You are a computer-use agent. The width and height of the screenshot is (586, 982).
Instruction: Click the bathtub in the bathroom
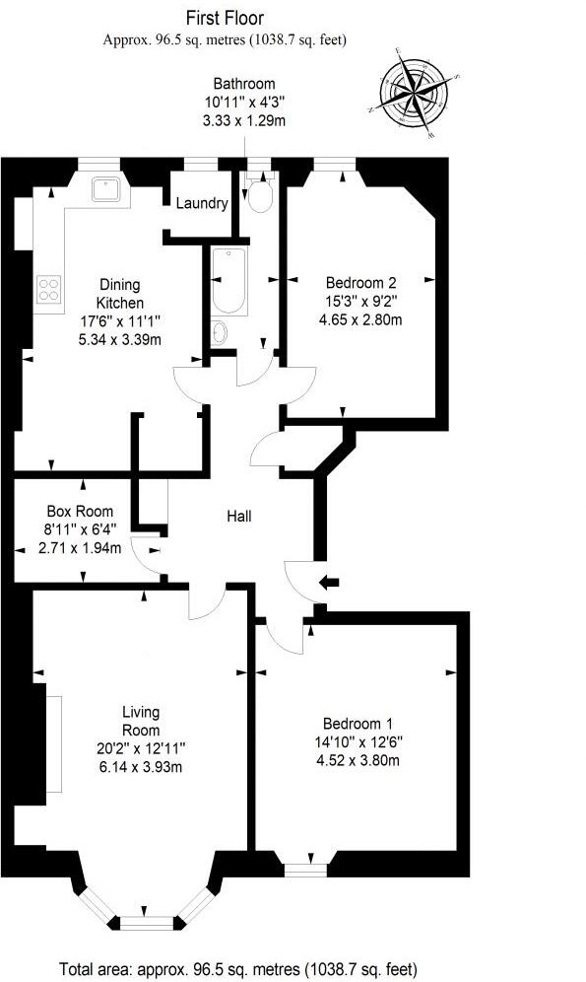[228, 280]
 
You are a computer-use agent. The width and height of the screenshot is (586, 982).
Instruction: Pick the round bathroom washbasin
[220, 331]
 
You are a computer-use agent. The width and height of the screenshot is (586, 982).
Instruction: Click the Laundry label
[202, 204]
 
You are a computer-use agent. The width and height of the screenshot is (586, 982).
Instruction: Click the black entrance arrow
[328, 584]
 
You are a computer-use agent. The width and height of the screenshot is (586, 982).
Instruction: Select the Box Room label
[80, 512]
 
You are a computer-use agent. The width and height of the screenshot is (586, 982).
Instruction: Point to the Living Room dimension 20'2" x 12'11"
[141, 748]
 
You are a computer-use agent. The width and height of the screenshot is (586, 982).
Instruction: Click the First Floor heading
[225, 18]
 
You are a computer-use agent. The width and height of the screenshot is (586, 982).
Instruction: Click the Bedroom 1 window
[304, 870]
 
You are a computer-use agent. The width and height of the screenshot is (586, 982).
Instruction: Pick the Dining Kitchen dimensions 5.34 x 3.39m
[119, 340]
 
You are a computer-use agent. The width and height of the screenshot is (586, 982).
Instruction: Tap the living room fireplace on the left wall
[53, 742]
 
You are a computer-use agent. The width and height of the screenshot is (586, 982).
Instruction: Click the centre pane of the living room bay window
[146, 922]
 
